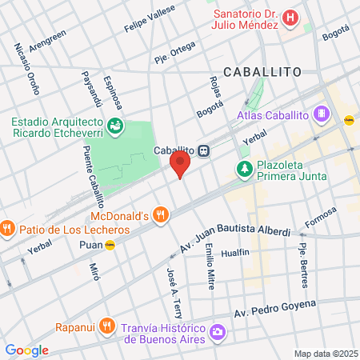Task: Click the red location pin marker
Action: (179, 165)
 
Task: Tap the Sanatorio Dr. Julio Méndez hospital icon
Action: (293, 17)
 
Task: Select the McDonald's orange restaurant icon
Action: (161, 214)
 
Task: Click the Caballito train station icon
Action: (205, 150)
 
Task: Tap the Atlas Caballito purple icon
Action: (322, 114)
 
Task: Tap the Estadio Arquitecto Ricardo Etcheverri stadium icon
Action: (117, 125)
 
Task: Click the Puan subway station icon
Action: (110, 245)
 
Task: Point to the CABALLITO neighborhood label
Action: (262, 71)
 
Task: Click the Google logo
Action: (26, 350)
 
